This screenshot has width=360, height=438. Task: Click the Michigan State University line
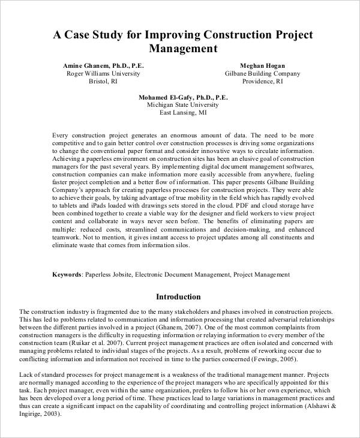[x=180, y=104]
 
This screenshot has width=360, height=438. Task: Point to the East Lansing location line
[x=180, y=112]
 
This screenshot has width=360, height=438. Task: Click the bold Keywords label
[x=67, y=274]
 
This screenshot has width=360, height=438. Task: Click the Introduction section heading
[x=178, y=296]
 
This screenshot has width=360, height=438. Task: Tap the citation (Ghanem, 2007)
[x=169, y=329]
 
